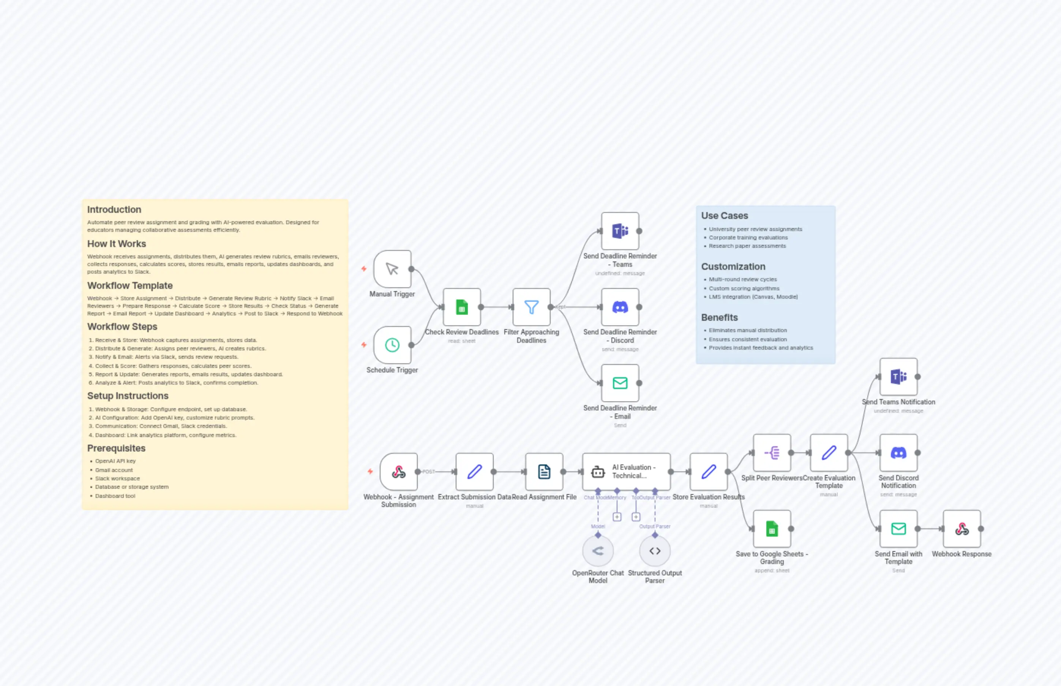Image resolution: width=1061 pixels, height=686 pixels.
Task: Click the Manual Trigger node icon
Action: pos(392,269)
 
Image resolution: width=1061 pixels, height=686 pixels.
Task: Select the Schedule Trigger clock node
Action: pos(392,345)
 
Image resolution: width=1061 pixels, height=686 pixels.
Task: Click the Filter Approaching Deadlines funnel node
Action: pos(531,307)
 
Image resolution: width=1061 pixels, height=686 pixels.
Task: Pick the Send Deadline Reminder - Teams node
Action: pos(620,231)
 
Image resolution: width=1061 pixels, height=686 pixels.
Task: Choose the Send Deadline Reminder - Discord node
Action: pos(620,307)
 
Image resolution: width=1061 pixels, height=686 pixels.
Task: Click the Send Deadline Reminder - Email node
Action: pos(620,383)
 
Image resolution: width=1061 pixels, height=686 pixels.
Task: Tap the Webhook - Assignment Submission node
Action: pos(398,472)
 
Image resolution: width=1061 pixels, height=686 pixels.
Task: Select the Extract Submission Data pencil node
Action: pos(474,472)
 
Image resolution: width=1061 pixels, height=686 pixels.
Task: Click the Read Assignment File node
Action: pos(544,472)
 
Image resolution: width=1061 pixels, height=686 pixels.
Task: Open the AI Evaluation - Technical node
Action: pos(626,472)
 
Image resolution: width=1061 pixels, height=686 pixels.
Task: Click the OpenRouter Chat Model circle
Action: pos(598,551)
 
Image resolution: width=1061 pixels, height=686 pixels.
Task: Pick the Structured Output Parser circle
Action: pos(655,551)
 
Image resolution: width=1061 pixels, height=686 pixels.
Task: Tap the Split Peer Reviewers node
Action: pos(772,453)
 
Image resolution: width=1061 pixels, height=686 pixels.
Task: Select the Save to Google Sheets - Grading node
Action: pos(772,529)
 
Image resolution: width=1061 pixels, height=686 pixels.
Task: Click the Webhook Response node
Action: pos(962,529)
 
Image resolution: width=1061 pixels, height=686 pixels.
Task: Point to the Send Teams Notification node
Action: pos(898,377)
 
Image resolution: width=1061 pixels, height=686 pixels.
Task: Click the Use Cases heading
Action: pos(725,215)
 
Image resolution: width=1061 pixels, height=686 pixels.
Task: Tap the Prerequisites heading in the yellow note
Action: pos(116,448)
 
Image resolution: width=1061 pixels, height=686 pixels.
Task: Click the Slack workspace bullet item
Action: pos(117,478)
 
